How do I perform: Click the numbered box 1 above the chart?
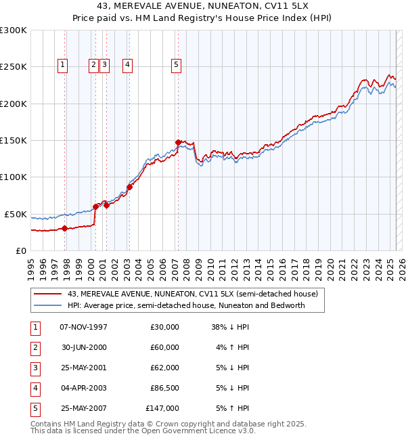pos(62,65)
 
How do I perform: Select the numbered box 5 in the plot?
pos(176,65)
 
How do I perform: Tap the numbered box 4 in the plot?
pos(127,65)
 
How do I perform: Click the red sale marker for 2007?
pos(178,142)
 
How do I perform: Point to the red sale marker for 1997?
pos(64,228)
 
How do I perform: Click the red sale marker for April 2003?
pos(129,187)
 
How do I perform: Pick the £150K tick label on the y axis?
pos(14,141)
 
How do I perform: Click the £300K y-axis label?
pos(14,30)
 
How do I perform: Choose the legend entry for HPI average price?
pos(186,305)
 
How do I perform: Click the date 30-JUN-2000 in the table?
pos(83,347)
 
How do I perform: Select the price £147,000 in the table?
pos(162,408)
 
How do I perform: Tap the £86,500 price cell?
pos(164,388)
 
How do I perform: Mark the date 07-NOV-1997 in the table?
pos(83,327)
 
